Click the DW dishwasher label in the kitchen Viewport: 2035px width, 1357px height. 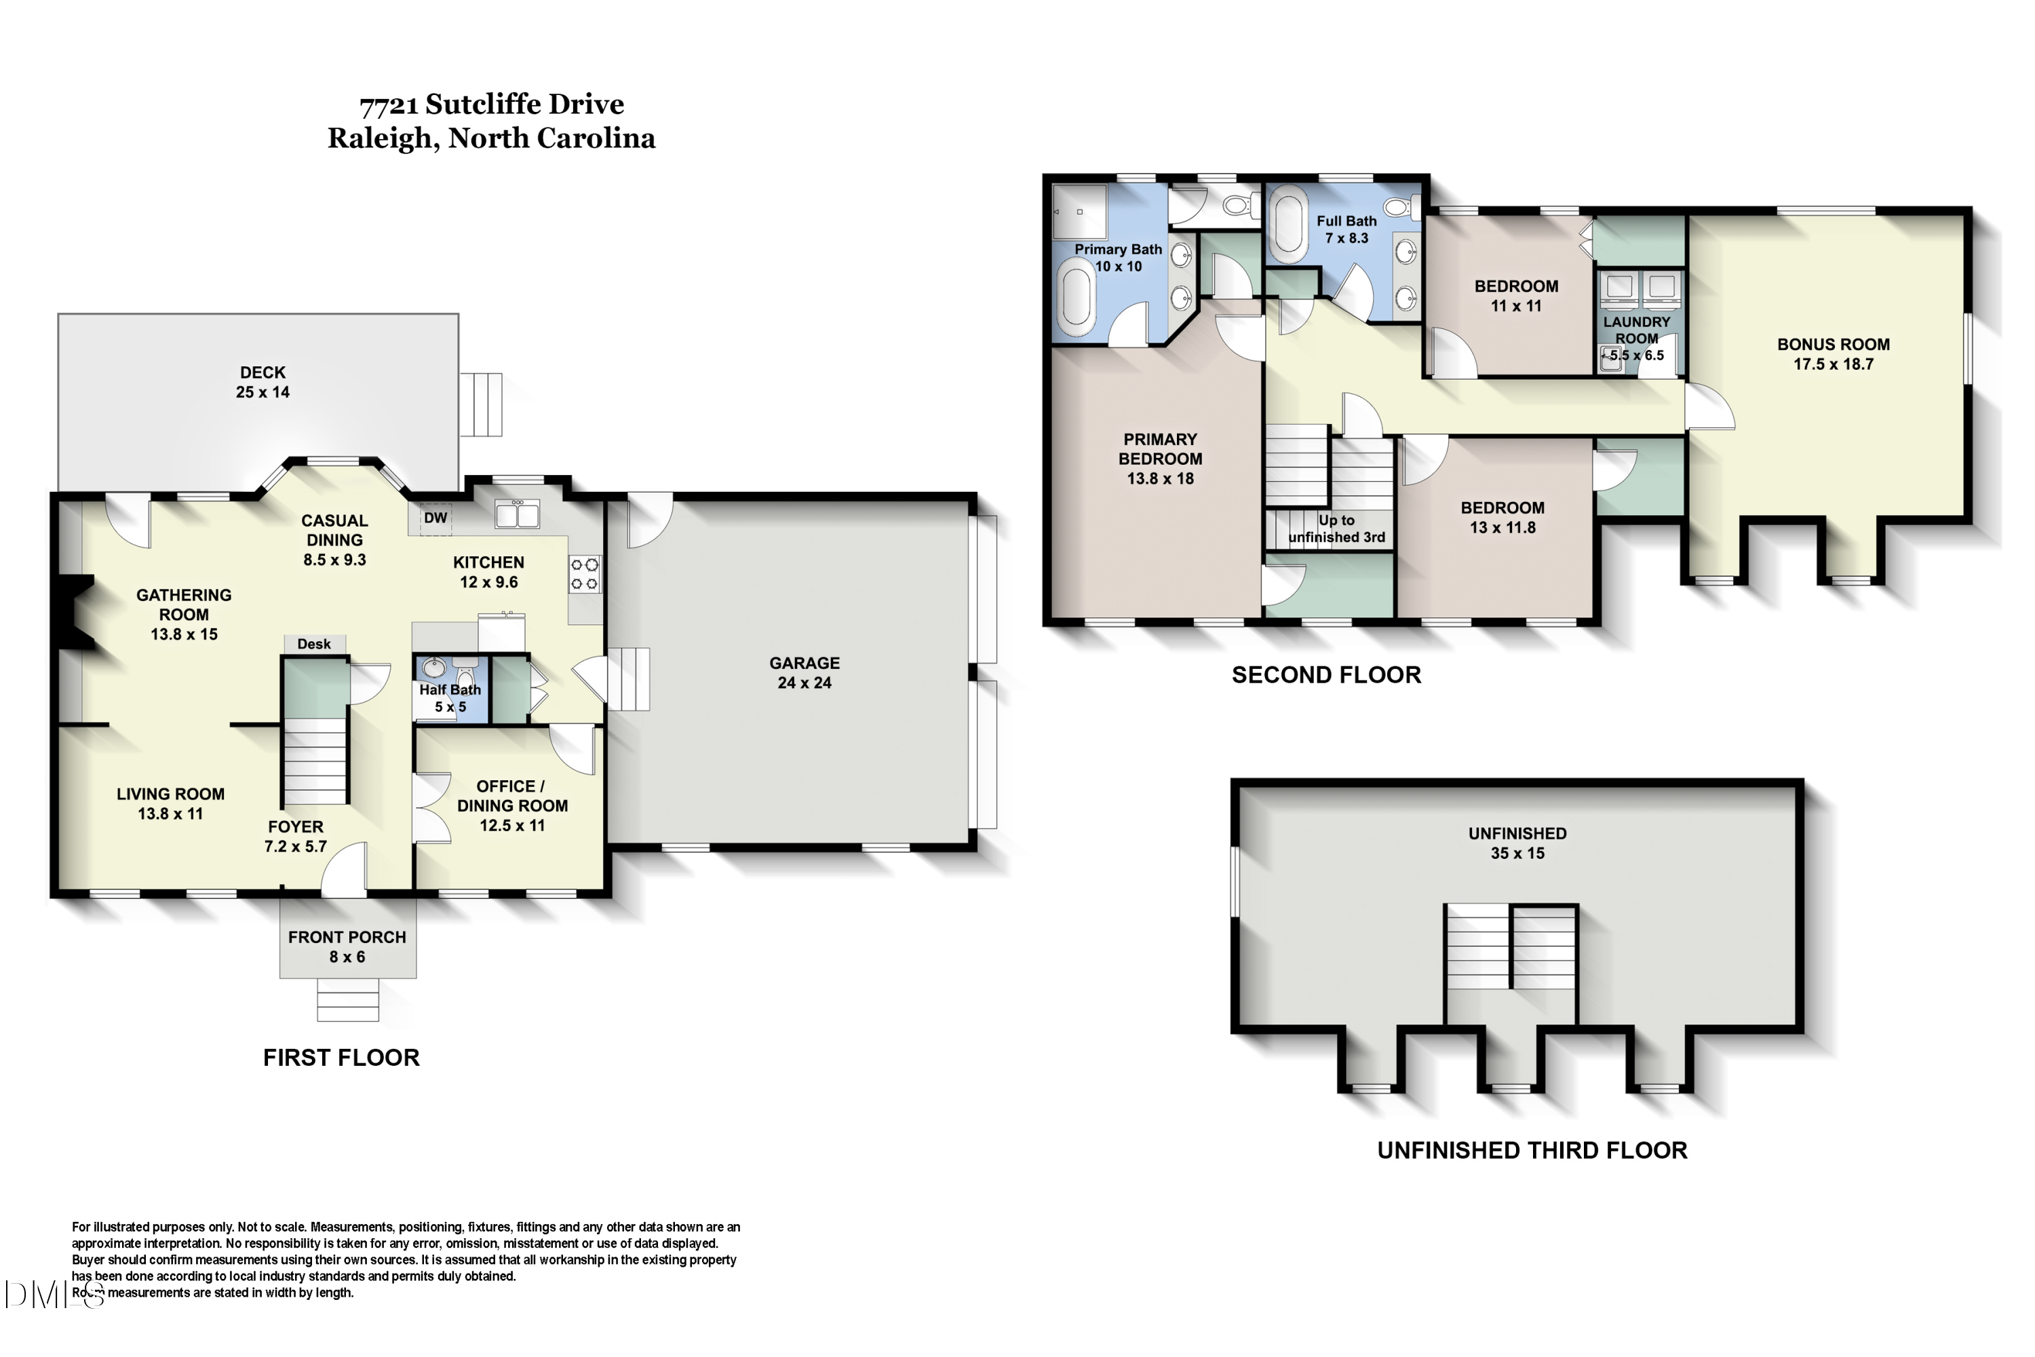point(435,518)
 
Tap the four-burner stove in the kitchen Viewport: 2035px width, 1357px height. point(584,575)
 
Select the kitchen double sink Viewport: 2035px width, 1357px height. point(518,514)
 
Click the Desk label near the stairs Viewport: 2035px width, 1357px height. point(314,644)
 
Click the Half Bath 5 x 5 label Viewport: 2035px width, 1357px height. point(450,698)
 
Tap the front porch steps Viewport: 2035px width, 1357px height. point(348,999)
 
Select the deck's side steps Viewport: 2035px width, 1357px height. point(481,404)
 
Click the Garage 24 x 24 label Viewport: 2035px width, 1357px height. point(805,672)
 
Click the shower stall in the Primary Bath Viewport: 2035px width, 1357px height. point(1080,210)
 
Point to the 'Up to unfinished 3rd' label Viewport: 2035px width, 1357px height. point(1337,529)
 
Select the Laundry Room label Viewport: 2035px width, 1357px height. point(1636,330)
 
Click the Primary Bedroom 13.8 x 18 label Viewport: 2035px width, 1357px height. point(1160,459)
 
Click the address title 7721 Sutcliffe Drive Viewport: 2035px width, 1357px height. point(491,104)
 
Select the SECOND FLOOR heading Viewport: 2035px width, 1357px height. point(1326,675)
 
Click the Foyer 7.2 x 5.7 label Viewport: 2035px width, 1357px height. point(295,836)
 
